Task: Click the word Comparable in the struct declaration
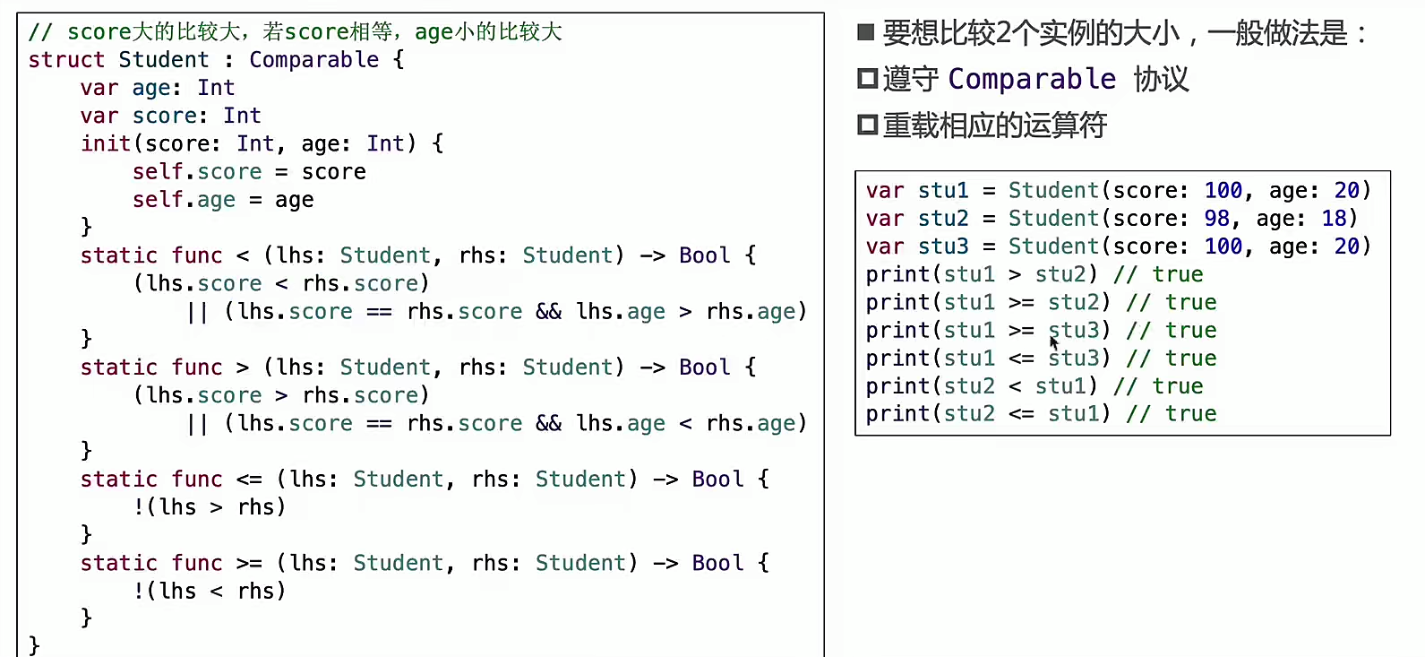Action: pos(313,60)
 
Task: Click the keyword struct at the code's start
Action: pos(66,60)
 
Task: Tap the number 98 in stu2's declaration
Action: pos(1216,219)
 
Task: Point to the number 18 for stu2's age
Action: pos(1334,219)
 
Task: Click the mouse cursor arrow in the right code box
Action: pos(1054,341)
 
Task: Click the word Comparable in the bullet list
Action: pos(1032,79)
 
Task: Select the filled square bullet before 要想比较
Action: pos(865,33)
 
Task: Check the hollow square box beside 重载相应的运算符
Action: pos(866,125)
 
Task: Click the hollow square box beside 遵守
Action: pos(866,79)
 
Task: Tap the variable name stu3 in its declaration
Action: pos(943,246)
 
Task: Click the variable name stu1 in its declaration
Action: pos(943,191)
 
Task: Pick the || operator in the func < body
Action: pos(197,312)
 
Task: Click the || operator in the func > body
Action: pos(197,424)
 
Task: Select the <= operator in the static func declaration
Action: pos(249,480)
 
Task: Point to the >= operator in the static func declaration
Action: pos(249,564)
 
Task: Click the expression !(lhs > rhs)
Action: pos(210,507)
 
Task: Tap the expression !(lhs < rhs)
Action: pos(210,592)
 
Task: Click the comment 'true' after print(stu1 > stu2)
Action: pos(1177,274)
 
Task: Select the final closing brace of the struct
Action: pos(34,645)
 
